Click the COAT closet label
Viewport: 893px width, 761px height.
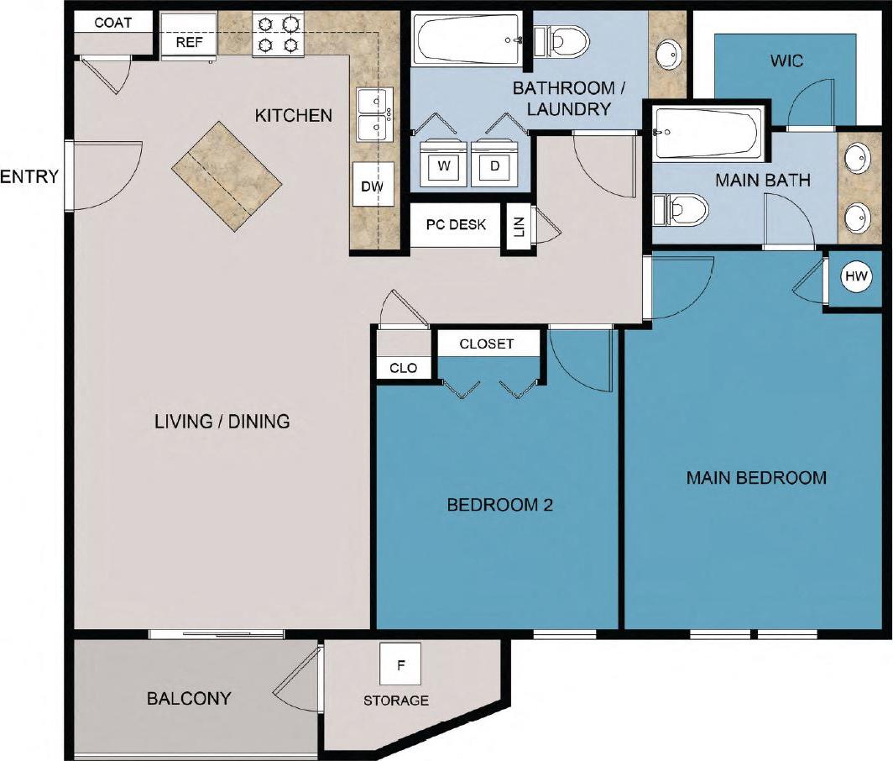pyautogui.click(x=112, y=23)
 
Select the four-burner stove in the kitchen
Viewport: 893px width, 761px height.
pyautogui.click(x=278, y=34)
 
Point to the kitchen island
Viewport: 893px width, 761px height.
pyautogui.click(x=227, y=176)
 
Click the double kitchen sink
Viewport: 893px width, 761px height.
pyautogui.click(x=373, y=114)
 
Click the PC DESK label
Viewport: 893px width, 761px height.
pyautogui.click(x=456, y=224)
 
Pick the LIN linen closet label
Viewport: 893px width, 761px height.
pyautogui.click(x=518, y=227)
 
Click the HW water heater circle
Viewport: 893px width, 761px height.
pyautogui.click(x=855, y=276)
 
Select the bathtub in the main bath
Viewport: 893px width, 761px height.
pyautogui.click(x=707, y=132)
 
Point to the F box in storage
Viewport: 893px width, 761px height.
pyautogui.click(x=400, y=665)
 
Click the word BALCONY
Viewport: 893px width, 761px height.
pyautogui.click(x=189, y=698)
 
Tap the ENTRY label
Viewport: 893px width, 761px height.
pyautogui.click(x=29, y=176)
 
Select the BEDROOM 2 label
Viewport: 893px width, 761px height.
pyautogui.click(x=499, y=505)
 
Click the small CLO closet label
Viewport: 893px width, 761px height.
pyautogui.click(x=403, y=368)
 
